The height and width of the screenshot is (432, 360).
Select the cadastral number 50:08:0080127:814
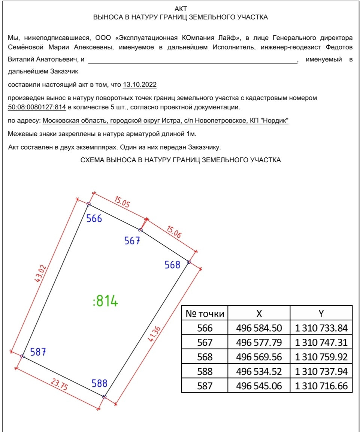(37, 108)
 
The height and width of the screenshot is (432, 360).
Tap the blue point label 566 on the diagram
(94, 218)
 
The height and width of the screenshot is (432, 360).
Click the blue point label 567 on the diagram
(132, 241)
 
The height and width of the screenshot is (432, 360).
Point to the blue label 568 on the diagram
(172, 265)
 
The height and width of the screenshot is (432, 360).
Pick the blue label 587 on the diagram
(38, 352)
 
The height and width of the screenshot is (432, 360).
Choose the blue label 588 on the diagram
(100, 383)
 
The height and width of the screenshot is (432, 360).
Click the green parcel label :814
(105, 301)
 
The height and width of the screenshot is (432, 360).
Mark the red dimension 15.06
(173, 233)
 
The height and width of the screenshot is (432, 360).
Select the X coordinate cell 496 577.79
(259, 342)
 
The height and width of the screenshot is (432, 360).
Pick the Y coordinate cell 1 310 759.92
(321, 357)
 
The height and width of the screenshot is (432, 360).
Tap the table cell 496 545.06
(259, 386)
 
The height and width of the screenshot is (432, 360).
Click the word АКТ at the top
(181, 9)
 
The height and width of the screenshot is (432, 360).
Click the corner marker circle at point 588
(105, 397)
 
